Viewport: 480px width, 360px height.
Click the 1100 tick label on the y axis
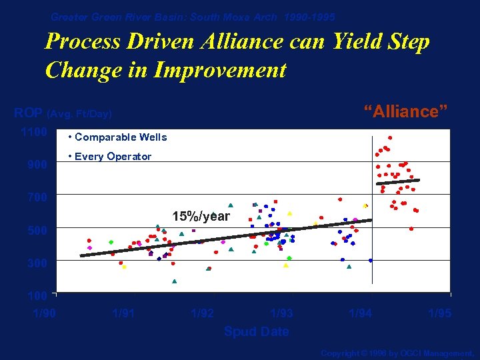click(x=33, y=132)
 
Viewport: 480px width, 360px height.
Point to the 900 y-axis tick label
click(x=37, y=165)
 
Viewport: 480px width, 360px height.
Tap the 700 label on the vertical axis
click(x=37, y=197)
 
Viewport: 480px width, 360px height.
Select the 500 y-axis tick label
click(x=37, y=231)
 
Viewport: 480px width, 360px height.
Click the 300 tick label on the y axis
click(x=37, y=263)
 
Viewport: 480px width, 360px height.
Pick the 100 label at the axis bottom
click(x=37, y=295)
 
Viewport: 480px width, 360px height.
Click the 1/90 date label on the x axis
click(x=45, y=313)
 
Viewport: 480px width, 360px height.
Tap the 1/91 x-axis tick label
click(x=123, y=313)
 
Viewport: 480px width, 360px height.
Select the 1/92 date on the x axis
click(x=202, y=313)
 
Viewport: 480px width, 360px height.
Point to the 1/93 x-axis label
click(x=281, y=313)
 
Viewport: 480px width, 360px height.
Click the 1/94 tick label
click(x=360, y=313)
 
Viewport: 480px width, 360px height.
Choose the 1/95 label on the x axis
click(x=439, y=313)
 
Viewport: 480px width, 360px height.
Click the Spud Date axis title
click(x=256, y=331)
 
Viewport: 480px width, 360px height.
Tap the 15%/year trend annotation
click(x=201, y=217)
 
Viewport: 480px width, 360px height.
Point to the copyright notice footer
click(x=397, y=353)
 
